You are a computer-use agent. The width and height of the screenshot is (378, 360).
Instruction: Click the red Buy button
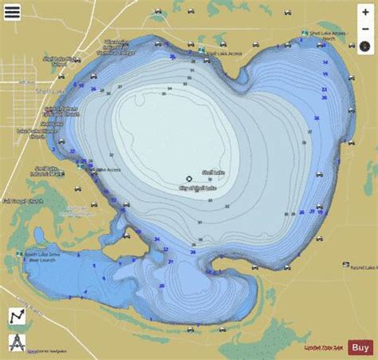(359, 346)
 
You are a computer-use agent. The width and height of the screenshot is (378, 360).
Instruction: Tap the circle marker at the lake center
(189, 179)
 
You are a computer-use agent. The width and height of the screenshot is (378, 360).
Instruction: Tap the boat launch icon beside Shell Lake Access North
(304, 34)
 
